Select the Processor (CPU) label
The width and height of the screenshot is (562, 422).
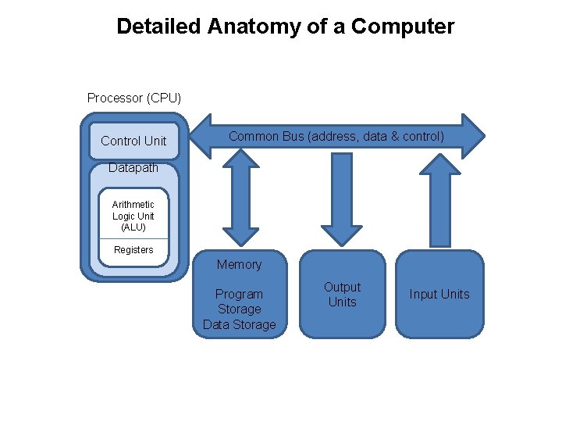coord(134,98)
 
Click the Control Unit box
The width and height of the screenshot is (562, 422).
coord(133,141)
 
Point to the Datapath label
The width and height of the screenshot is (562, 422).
coord(133,168)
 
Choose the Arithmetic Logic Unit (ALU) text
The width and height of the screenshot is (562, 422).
coord(133,216)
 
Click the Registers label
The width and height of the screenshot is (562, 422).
coord(133,250)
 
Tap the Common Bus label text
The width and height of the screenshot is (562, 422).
coord(336,137)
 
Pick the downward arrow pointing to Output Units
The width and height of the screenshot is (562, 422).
coord(342,200)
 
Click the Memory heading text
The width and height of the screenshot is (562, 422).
coord(239,264)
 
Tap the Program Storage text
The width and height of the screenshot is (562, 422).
coord(239,302)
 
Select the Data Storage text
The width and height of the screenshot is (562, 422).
coord(239,324)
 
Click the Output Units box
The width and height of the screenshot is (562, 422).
coord(342,295)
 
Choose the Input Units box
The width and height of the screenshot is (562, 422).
coord(439,295)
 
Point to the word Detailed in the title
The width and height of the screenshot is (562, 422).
coord(159,27)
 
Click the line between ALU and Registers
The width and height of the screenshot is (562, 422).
coord(133,238)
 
